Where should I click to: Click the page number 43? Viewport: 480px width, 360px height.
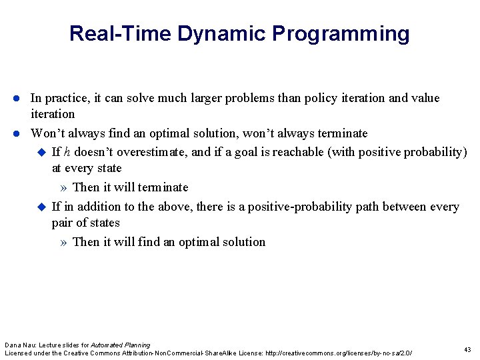[467, 350]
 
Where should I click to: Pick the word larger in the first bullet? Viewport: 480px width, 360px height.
[223, 99]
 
